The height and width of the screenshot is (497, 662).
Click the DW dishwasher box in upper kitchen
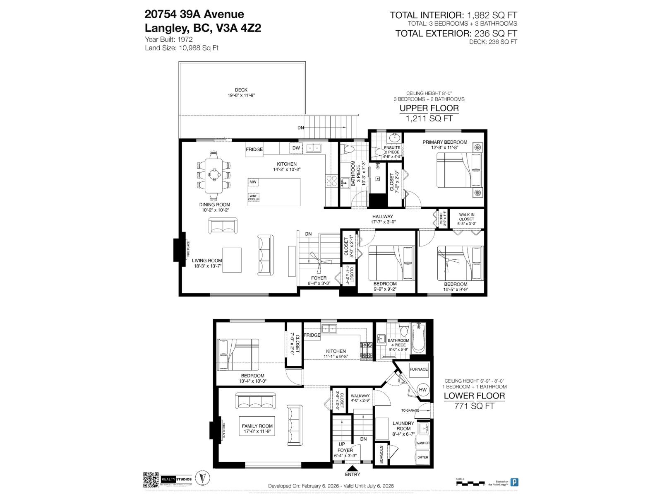pyautogui.click(x=296, y=148)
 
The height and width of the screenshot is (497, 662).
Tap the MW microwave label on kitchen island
pyautogui.click(x=253, y=182)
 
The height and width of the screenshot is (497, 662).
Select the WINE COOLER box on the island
pyautogui.click(x=254, y=198)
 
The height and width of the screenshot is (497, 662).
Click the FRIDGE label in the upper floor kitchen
pyautogui.click(x=254, y=150)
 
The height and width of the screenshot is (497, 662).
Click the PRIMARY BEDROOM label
pyautogui.click(x=445, y=142)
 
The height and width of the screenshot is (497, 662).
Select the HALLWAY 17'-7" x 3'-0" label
pyautogui.click(x=382, y=219)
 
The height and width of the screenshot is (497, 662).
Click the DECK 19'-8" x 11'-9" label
pyautogui.click(x=241, y=92)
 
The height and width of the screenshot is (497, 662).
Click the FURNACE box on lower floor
pyautogui.click(x=418, y=369)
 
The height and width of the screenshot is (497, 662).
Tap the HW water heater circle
pyautogui.click(x=423, y=390)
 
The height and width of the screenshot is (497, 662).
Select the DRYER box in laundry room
pyautogui.click(x=422, y=457)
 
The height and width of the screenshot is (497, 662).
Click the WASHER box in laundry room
pyautogui.click(x=422, y=443)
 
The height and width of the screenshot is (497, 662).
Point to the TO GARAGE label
pyautogui.click(x=410, y=410)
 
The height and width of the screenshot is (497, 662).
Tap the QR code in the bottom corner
pyautogui.click(x=151, y=480)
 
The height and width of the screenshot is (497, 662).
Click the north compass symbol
pyautogui.click(x=202, y=479)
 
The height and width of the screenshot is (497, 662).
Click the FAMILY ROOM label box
pyautogui.click(x=257, y=429)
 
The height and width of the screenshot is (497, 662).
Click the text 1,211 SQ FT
pyautogui.click(x=429, y=119)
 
